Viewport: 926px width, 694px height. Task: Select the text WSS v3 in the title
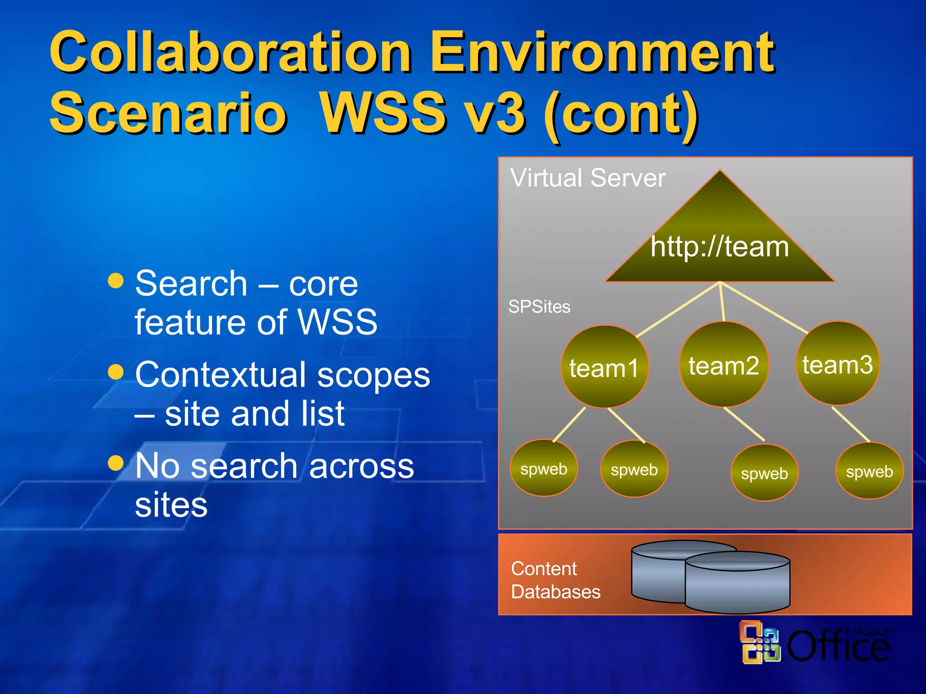pos(423,113)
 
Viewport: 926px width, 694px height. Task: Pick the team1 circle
pos(605,367)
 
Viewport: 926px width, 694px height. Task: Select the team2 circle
pos(724,365)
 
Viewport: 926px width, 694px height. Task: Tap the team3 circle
pos(838,364)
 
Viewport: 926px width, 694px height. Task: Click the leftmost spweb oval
pos(543,469)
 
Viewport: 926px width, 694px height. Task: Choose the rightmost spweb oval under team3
pos(869,471)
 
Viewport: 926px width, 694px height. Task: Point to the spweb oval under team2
pos(764,473)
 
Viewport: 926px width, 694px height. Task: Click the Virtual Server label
pos(588,178)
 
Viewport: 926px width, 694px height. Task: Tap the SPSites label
pos(539,307)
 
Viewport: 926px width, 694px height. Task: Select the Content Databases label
pos(556,580)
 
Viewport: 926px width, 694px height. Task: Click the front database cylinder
pos(737,585)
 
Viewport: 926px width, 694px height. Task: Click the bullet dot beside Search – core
pos(116,281)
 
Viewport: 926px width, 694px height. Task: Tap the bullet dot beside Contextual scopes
pos(116,372)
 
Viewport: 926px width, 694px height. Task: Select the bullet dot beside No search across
pos(116,463)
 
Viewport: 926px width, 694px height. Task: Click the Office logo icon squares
pos(761,642)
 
